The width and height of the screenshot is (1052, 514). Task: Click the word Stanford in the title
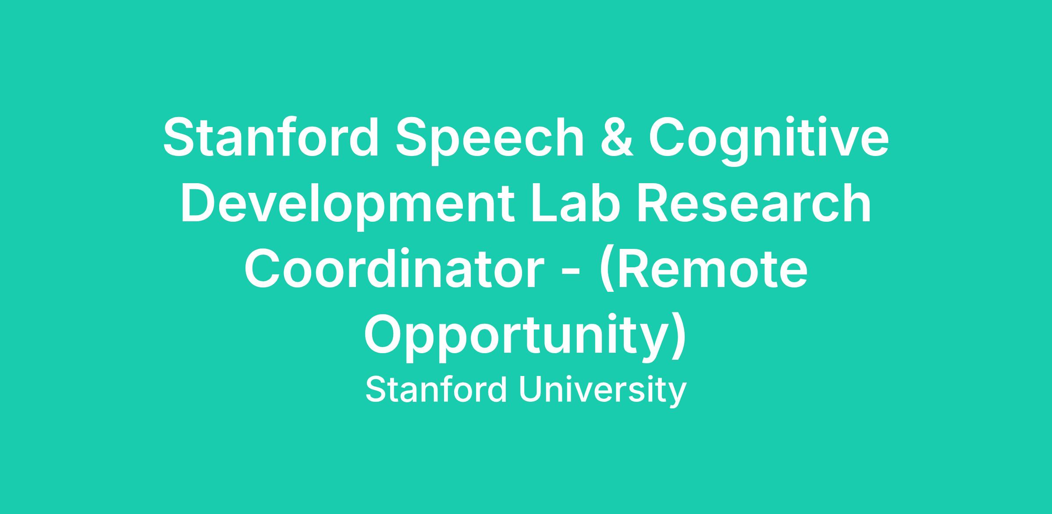(270, 136)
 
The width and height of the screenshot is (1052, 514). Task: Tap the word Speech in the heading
(490, 141)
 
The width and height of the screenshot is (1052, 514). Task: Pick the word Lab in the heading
(578, 202)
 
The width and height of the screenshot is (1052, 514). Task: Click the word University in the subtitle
(603, 391)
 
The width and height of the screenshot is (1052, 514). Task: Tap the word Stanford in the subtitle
(437, 390)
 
